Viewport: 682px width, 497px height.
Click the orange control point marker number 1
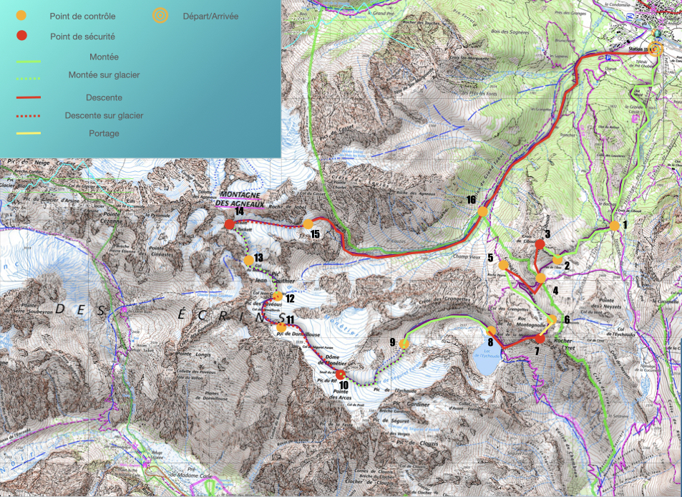[614, 226]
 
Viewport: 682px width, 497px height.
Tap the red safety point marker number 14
[229, 225]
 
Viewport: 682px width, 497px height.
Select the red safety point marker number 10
[341, 374]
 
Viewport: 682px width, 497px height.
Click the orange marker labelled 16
[482, 211]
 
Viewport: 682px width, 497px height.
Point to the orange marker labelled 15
[308, 224]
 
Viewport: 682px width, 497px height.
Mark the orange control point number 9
[404, 344]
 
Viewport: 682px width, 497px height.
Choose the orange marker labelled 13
[248, 259]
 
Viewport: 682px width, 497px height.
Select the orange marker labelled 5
[503, 265]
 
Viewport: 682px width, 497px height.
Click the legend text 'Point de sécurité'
[82, 36]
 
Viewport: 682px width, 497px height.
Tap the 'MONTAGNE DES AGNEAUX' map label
[240, 198]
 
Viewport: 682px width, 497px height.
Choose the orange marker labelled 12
[278, 296]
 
